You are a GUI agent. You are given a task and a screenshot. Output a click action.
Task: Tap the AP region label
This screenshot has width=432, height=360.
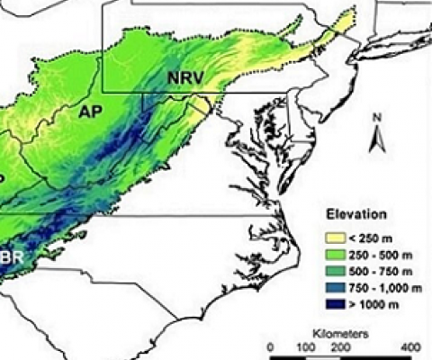(x=91, y=112)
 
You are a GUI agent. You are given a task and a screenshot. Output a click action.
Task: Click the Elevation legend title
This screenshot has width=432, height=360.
(x=357, y=215)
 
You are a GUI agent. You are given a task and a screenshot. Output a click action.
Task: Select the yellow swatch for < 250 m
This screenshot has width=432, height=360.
(x=335, y=237)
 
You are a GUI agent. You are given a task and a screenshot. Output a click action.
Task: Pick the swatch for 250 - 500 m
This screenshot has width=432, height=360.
(x=335, y=254)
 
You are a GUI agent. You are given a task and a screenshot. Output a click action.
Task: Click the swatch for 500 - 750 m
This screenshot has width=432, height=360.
(x=335, y=271)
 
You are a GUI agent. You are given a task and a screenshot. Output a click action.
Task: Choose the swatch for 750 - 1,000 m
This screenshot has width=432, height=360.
(x=335, y=288)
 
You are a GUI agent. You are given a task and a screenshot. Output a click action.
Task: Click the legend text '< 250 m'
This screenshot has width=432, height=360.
(x=372, y=237)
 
